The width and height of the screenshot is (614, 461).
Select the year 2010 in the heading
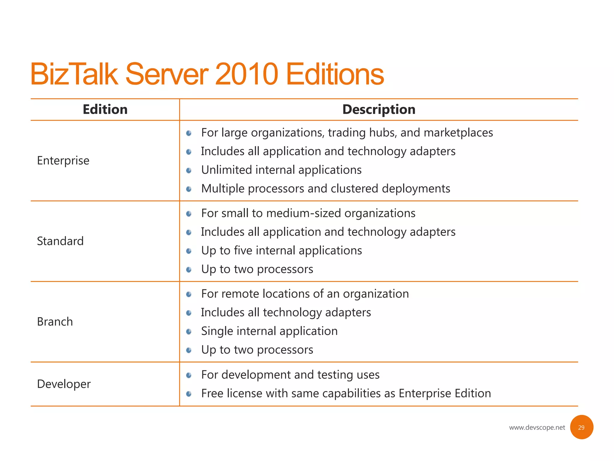click(x=246, y=74)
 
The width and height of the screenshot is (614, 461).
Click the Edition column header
click(x=105, y=109)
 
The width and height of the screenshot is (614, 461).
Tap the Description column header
click(x=379, y=109)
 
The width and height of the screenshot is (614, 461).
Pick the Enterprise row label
click(x=63, y=161)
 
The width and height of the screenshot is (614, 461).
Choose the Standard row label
click(x=60, y=241)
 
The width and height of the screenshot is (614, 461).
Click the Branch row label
click(x=55, y=321)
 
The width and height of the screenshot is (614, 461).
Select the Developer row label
click(x=64, y=384)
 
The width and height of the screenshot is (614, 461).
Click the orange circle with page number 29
click(x=581, y=427)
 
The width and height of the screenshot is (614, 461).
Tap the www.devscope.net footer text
click(x=537, y=427)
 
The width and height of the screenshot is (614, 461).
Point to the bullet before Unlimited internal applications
click(x=189, y=170)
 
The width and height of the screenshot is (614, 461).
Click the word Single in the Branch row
click(x=217, y=331)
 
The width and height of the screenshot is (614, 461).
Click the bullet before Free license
click(x=189, y=393)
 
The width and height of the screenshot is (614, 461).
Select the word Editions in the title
click(x=335, y=74)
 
